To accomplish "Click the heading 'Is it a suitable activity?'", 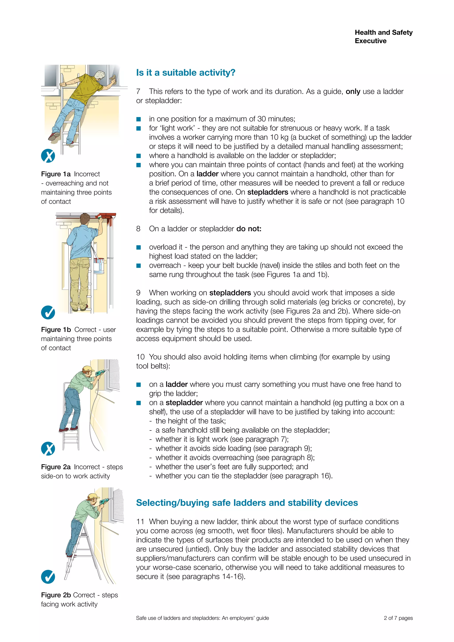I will click(x=186, y=73).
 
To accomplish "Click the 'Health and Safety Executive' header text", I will click(x=383, y=37).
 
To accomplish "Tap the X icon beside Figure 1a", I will click(x=48, y=156).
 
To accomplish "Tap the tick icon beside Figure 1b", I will click(x=48, y=312).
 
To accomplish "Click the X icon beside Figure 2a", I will click(x=48, y=449).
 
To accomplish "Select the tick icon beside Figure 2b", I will click(x=48, y=577).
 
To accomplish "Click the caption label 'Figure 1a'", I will click(x=56, y=174).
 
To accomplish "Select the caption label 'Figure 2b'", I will click(x=56, y=595).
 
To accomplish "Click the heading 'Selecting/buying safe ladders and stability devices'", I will click(x=247, y=503).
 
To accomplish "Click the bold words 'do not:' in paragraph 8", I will click(x=249, y=229).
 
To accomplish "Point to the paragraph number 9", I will click(x=138, y=293).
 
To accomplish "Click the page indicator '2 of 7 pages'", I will click(x=398, y=618).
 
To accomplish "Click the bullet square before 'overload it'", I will click(x=139, y=247).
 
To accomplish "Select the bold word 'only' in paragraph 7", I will click(x=353, y=92).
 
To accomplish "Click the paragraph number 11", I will click(x=140, y=522).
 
